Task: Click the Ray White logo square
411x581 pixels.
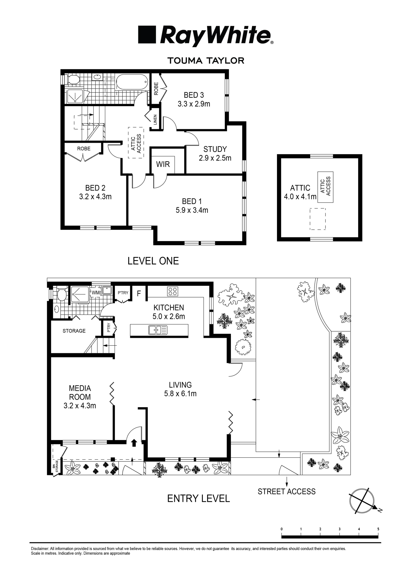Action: pos(147,34)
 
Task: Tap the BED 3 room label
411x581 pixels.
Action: pos(194,95)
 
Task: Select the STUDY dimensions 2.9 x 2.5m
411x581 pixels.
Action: pos(215,158)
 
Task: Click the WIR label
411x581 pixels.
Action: pos(163,164)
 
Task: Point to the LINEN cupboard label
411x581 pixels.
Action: pos(155,120)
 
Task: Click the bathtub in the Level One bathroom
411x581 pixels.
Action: pos(132,82)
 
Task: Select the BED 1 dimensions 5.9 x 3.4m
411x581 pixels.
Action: pos(192,210)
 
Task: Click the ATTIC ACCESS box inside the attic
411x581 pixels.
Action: pos(325,187)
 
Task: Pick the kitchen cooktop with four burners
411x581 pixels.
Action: pos(173,291)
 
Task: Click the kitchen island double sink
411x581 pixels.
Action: pos(158,330)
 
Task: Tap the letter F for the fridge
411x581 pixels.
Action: pos(139,293)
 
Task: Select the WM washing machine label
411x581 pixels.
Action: pos(96,292)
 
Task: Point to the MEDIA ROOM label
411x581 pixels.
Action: pos(80,393)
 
